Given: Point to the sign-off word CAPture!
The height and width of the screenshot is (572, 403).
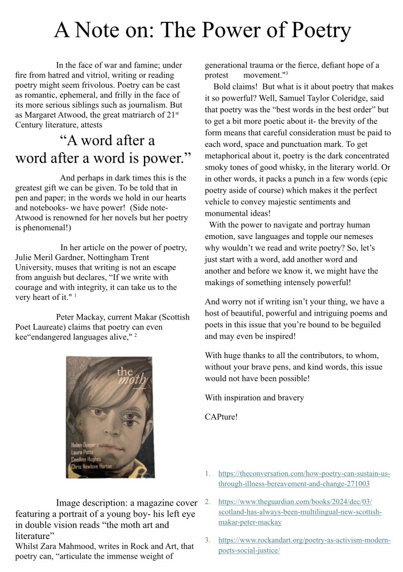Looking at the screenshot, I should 221,416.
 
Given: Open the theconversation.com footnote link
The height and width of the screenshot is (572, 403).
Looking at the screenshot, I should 304,479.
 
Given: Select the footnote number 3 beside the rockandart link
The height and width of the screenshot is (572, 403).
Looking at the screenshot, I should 208,540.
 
